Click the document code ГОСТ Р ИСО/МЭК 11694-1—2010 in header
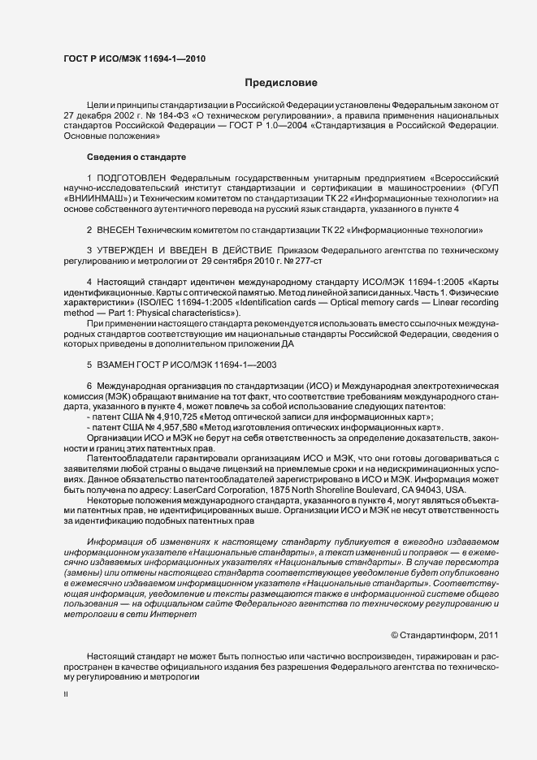(x=135, y=59)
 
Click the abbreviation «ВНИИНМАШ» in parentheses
(x=92, y=198)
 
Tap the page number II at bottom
(x=66, y=694)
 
